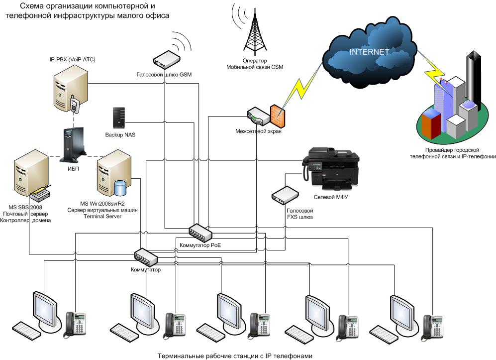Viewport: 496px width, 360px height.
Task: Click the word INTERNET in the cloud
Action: click(369, 52)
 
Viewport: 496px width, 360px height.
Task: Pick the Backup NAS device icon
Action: click(119, 118)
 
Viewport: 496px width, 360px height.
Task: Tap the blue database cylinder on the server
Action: click(120, 189)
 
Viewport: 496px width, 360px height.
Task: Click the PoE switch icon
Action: click(200, 231)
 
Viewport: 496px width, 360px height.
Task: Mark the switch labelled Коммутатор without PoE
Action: click(146, 257)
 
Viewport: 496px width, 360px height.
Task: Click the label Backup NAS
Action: click(120, 134)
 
